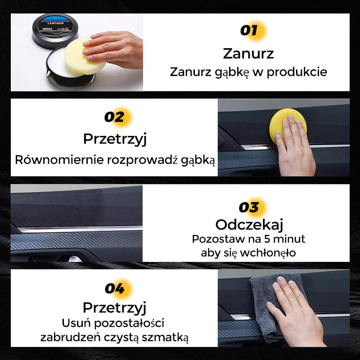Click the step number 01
249,30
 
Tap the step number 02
114,117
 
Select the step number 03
249,207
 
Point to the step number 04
115,288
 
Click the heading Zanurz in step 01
248,54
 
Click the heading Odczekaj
249,225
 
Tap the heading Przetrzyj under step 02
115,139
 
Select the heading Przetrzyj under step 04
114,308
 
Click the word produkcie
297,72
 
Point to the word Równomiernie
59,160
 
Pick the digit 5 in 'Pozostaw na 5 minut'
267,239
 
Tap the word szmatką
165,338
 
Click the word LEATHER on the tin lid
55,23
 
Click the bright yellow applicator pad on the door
288,126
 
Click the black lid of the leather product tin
55,30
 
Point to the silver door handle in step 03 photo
75,259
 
